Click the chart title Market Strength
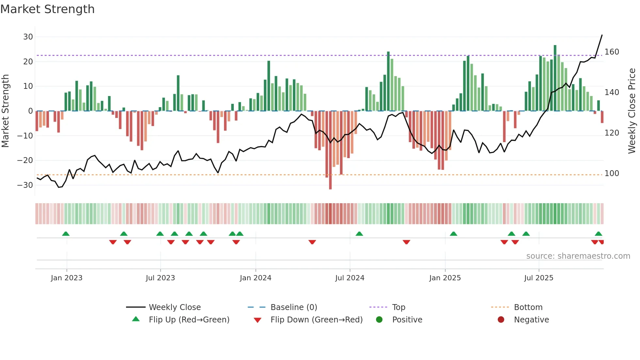(47, 9)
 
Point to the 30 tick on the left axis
(28, 37)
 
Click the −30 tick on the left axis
(25, 185)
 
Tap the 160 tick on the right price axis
(612, 52)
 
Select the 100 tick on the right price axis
(612, 173)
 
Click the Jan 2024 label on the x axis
(255, 278)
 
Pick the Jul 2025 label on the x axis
(538, 278)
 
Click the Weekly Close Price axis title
(632, 111)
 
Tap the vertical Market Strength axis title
(6, 111)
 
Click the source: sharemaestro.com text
(578, 256)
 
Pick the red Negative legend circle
(501, 320)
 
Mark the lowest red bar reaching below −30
(330, 150)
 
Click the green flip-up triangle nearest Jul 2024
(359, 234)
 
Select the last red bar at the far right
(602, 117)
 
